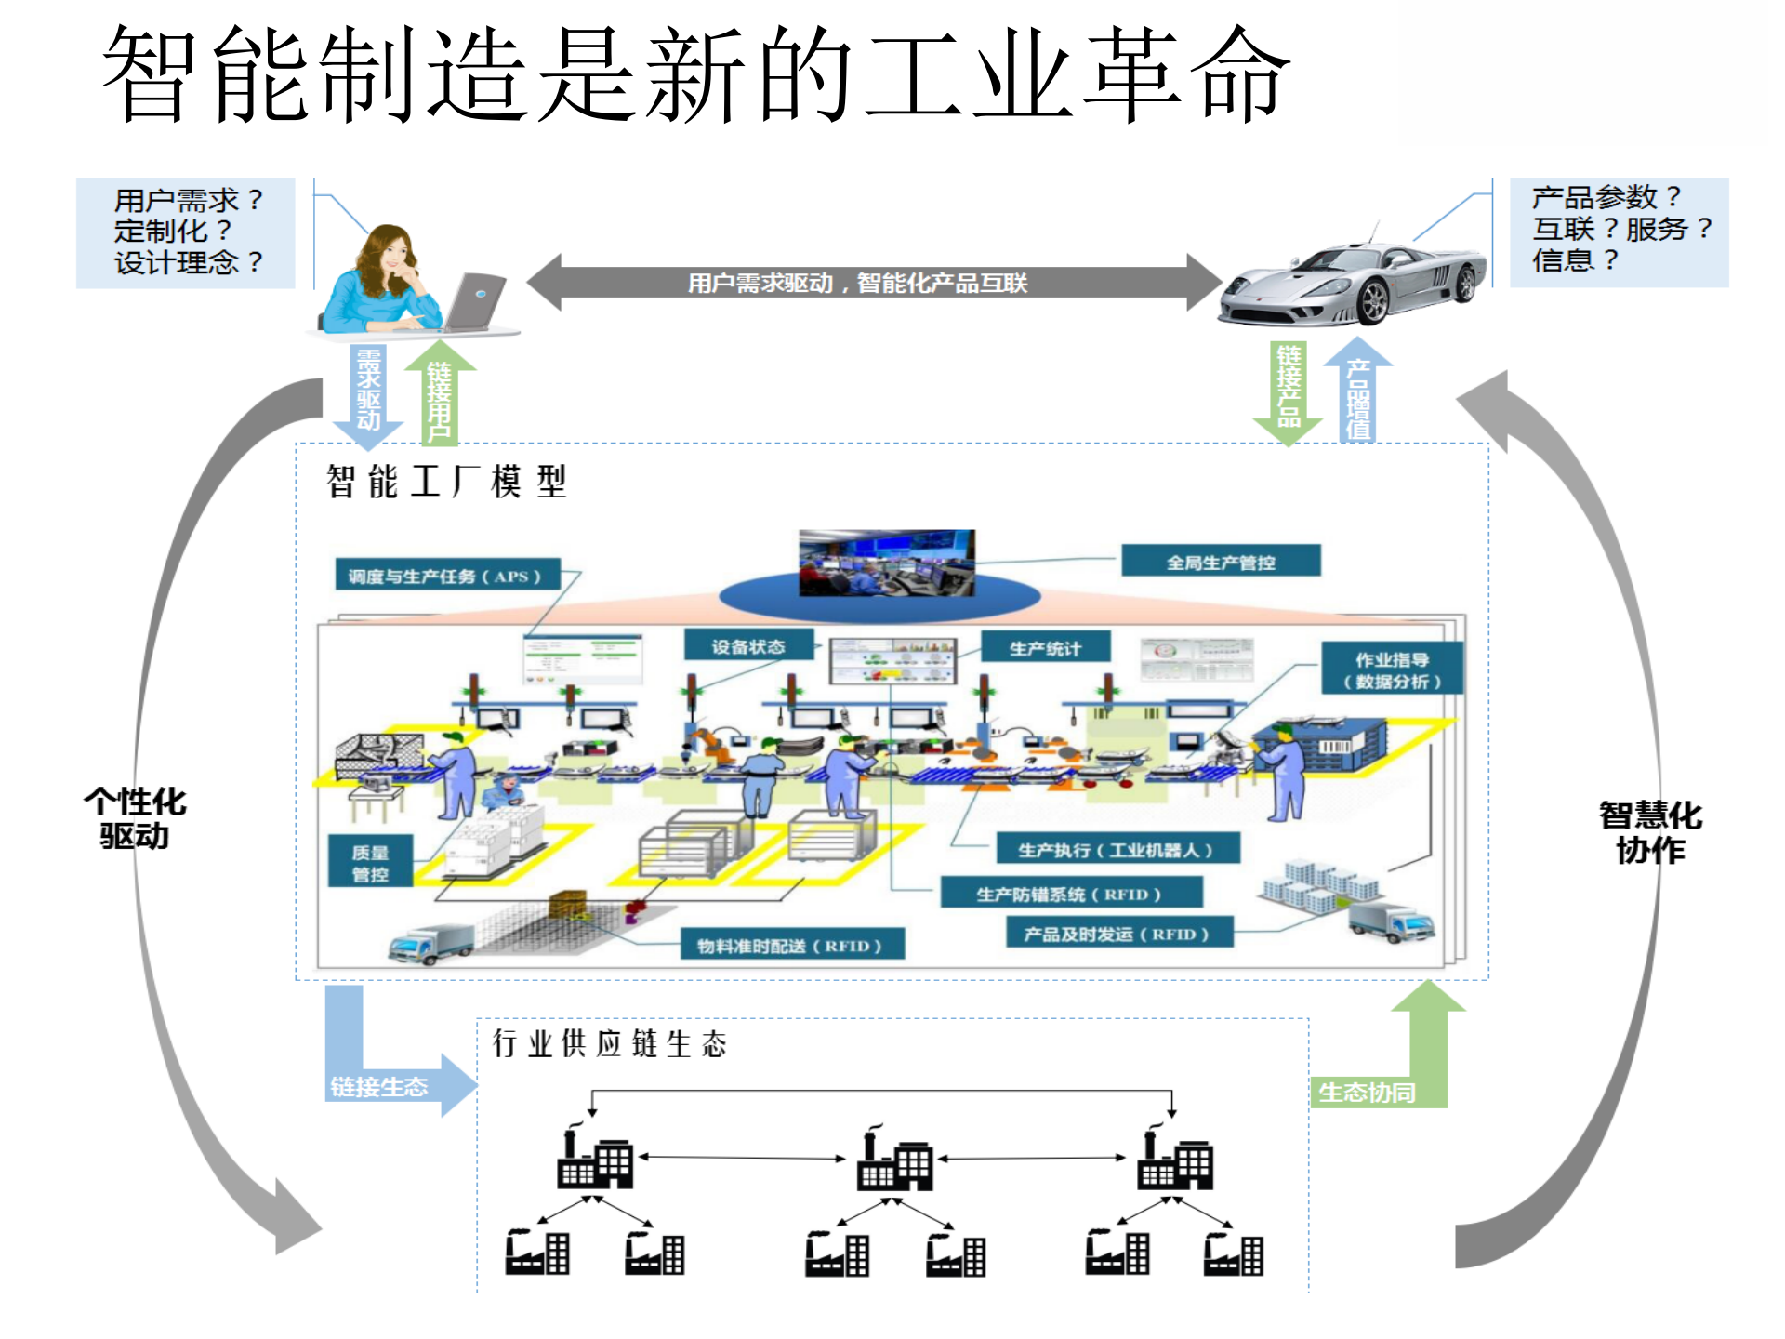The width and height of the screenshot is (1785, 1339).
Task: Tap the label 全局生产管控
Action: pos(1221,562)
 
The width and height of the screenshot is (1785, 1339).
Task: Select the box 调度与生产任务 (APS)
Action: pos(447,576)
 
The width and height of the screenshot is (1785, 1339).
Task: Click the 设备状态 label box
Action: pos(748,646)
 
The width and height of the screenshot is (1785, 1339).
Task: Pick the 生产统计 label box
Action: pos(1046,648)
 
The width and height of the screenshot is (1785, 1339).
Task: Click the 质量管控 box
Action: pos(370,862)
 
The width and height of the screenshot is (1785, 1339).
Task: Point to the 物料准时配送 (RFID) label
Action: pos(790,946)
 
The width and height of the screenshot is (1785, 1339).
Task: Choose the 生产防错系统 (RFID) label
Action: pos(1070,894)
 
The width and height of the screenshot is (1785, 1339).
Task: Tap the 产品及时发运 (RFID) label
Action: pos(1118,934)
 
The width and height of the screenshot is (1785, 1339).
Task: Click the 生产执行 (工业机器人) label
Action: pos(1117,850)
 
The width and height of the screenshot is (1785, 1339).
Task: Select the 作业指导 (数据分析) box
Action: pos(1392,669)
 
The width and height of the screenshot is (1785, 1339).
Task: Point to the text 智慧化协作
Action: pos(1650,832)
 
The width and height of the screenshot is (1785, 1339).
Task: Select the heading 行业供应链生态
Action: pos(609,1044)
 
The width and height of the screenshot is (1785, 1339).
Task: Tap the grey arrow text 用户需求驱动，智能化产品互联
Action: pos(857,283)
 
